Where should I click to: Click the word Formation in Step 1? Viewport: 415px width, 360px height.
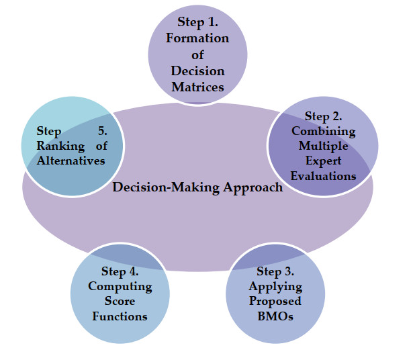(197, 38)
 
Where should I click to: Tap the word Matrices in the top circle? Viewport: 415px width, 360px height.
(197, 87)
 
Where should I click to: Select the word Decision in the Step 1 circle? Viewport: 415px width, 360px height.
(197, 71)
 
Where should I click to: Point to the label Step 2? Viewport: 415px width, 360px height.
(323, 116)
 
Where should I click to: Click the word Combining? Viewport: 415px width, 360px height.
(324, 132)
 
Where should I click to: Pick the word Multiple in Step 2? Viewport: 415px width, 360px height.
(324, 146)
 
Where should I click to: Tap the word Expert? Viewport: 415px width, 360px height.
(324, 161)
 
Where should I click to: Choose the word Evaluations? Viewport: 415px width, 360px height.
(324, 176)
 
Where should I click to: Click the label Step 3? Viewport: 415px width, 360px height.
(275, 272)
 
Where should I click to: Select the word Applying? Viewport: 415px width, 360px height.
(275, 287)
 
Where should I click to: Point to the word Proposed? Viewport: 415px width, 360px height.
(275, 302)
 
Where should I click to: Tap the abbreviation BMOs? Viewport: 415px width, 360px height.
(275, 316)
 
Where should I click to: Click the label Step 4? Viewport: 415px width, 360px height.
(120, 272)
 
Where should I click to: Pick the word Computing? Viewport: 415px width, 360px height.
(120, 287)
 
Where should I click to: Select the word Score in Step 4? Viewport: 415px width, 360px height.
(120, 302)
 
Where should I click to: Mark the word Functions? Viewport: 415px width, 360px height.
(120, 316)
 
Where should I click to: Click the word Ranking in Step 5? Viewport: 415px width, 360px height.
(60, 146)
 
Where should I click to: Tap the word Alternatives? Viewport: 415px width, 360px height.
(71, 161)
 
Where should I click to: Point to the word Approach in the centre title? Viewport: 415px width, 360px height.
(253, 188)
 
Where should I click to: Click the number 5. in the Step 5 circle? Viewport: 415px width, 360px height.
(103, 131)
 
